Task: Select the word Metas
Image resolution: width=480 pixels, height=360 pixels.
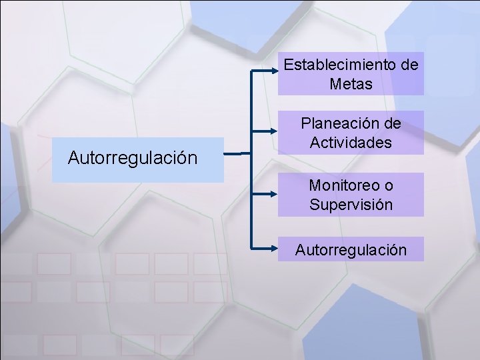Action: pos(351,85)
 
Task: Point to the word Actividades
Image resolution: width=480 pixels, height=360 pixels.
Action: pos(351,143)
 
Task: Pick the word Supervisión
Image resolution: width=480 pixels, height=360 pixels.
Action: pos(351,204)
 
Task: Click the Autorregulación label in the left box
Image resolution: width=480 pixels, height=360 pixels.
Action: pos(133,159)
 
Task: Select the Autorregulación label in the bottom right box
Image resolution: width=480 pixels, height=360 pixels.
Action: pos(351,250)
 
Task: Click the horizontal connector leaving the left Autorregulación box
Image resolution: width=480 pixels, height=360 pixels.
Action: pos(237,155)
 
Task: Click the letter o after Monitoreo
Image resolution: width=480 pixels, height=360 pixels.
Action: pos(389,185)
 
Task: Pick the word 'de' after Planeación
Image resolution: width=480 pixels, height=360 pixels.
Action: pos(393,123)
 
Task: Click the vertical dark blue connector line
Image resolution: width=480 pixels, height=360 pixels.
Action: pos(251,160)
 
